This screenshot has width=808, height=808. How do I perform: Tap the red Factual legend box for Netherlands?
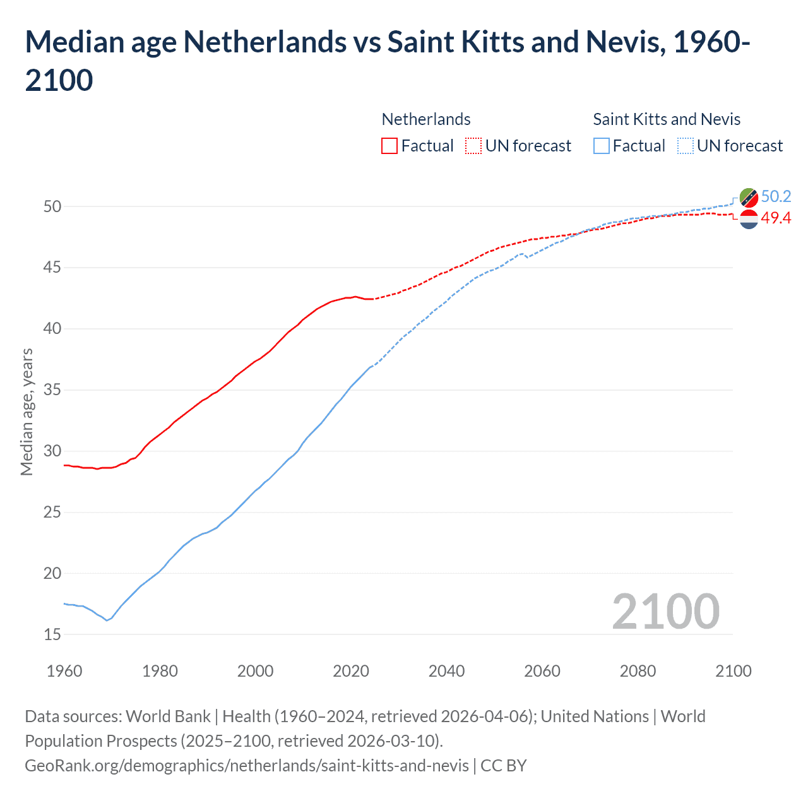389,146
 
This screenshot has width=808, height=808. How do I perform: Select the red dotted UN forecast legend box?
473,146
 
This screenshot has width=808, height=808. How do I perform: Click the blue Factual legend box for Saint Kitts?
602,146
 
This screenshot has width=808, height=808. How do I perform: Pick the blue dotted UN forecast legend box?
686,146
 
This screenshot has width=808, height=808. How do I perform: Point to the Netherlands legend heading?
426,119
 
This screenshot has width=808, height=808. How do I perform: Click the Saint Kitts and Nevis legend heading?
667,119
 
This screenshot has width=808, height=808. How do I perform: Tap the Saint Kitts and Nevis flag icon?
749,198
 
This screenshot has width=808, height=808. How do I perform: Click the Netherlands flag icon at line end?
749,219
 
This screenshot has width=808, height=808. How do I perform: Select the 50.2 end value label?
776,196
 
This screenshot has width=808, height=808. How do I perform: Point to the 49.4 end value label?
776,218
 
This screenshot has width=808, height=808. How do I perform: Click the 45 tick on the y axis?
52,268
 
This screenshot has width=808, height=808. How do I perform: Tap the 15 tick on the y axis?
52,634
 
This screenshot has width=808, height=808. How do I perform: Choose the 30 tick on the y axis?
52,451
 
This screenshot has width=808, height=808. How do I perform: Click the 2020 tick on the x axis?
351,671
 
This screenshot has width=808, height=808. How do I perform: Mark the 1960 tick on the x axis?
64,671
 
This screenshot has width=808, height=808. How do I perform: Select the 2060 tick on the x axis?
542,671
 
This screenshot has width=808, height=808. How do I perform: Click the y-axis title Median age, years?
27,412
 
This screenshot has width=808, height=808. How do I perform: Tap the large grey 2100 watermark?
665,611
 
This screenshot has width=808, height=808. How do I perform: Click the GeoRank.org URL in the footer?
246,766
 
